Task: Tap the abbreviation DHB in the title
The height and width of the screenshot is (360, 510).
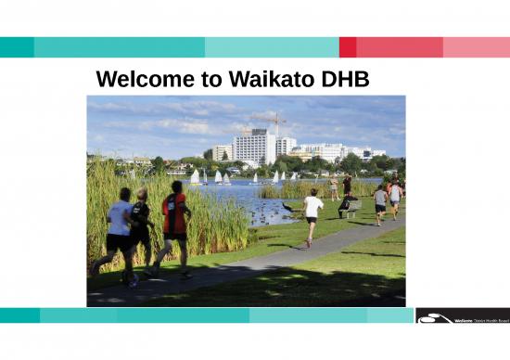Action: (342, 80)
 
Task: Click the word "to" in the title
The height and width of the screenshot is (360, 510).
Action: (210, 80)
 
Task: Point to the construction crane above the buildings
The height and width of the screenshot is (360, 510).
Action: (275, 122)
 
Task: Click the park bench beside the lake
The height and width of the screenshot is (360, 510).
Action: (350, 209)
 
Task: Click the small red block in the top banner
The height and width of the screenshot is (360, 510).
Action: (348, 47)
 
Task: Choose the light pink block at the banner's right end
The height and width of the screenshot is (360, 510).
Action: (476, 47)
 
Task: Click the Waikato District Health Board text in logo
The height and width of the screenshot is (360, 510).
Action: (481, 318)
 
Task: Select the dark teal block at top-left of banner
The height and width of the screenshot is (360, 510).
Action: (17, 47)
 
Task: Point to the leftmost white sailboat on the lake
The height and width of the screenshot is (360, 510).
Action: (196, 176)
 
